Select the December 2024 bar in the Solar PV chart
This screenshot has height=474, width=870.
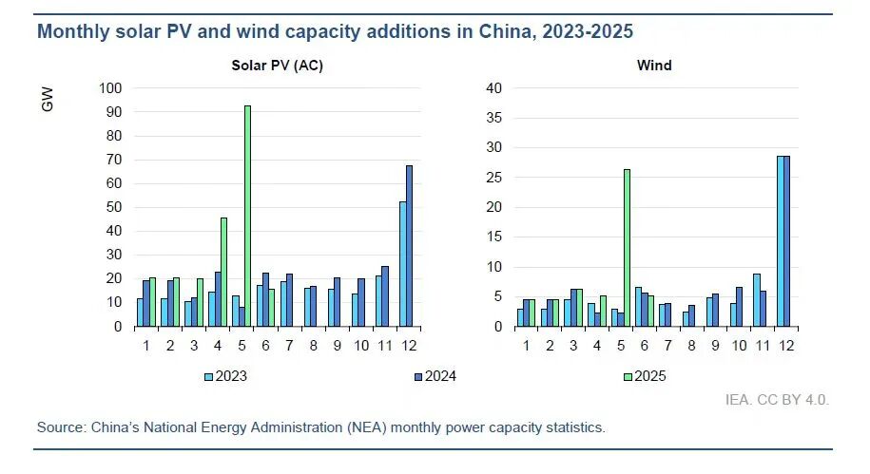coord(410,246)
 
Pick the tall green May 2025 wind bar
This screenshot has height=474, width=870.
coord(627,248)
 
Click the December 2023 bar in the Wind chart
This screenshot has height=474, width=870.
coord(781,241)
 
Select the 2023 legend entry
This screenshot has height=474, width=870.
coord(225,376)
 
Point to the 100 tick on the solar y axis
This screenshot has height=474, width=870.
coord(110,88)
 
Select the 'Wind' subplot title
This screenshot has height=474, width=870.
coord(654,66)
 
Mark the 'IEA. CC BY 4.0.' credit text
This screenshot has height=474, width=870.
coord(777,400)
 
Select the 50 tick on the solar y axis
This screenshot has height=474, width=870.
coord(114,207)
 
